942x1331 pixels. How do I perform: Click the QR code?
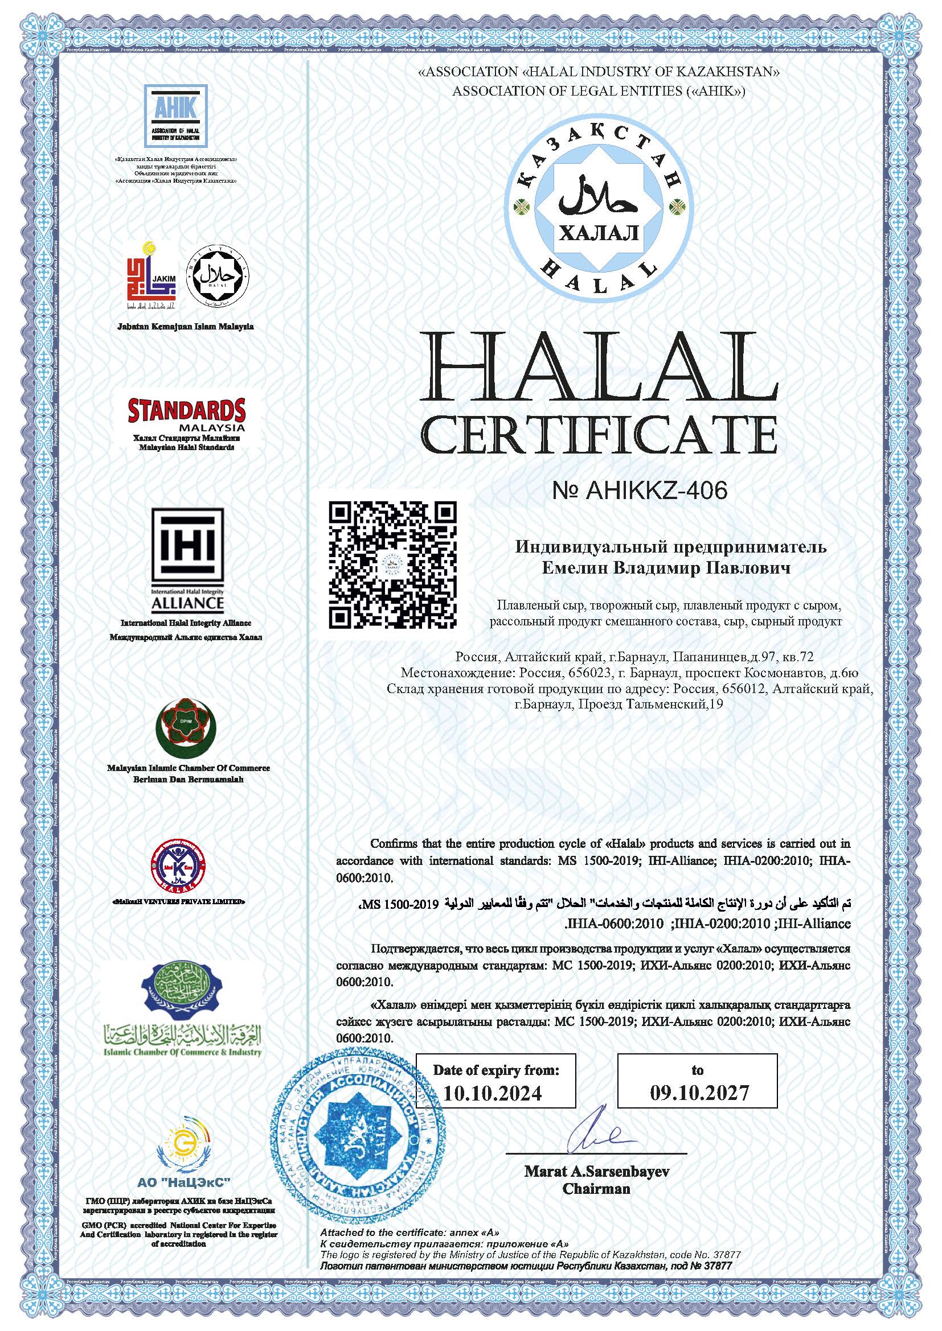tap(393, 563)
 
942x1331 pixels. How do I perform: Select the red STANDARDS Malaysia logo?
tap(186, 415)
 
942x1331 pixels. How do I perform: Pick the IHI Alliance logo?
tap(187, 561)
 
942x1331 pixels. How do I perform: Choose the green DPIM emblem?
tap(187, 730)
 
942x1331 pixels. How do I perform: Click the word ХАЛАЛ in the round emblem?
tap(599, 233)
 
